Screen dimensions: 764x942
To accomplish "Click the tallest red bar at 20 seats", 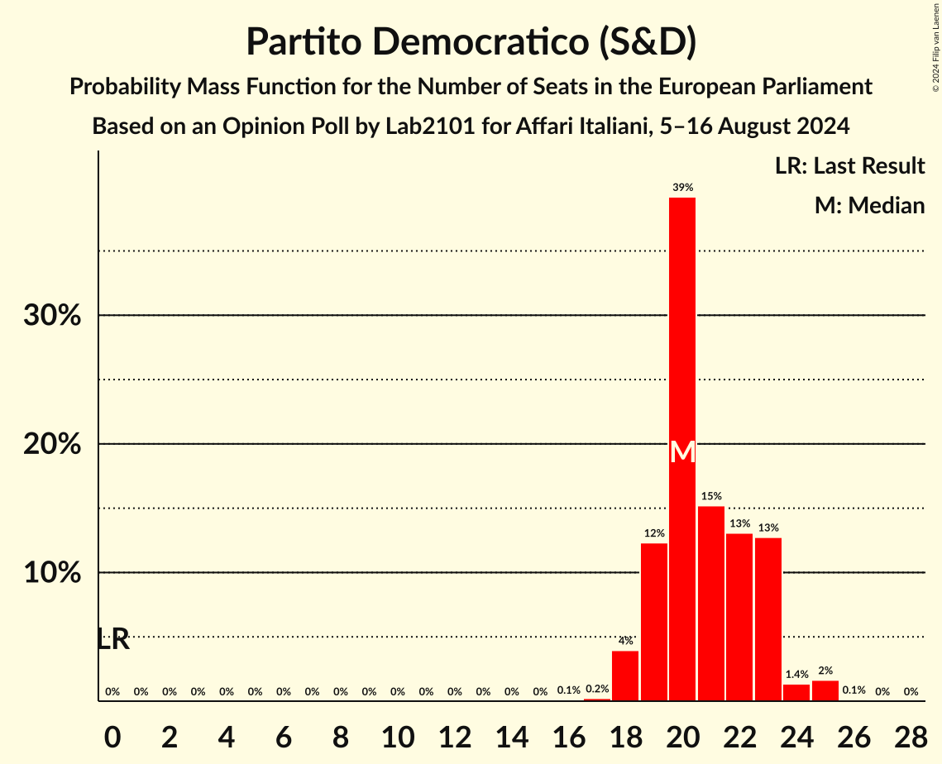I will pyautogui.click(x=682, y=446).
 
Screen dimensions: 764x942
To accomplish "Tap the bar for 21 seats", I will pyautogui.click(x=710, y=604).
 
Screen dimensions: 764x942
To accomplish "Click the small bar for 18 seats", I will pyautogui.click(x=625, y=676).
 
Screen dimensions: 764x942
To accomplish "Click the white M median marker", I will pyautogui.click(x=682, y=452).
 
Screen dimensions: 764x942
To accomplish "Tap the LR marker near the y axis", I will pyautogui.click(x=113, y=639).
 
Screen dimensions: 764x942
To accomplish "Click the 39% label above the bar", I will pyautogui.click(x=682, y=188).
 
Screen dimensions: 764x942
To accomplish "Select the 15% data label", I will pyautogui.click(x=710, y=496).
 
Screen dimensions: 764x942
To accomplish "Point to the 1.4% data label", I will pyautogui.click(x=796, y=675).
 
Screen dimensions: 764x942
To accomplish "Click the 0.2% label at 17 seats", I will pyautogui.click(x=597, y=689).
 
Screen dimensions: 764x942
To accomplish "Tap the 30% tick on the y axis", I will pyautogui.click(x=52, y=316).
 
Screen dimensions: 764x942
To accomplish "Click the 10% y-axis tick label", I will pyautogui.click(x=52, y=573).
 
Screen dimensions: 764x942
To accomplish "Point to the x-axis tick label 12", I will pyautogui.click(x=454, y=736).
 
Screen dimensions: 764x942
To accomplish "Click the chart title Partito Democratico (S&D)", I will pyautogui.click(x=471, y=42).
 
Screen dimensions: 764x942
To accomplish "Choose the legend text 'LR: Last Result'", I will pyautogui.click(x=849, y=166).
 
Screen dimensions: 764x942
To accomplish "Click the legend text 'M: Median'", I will pyautogui.click(x=869, y=205).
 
